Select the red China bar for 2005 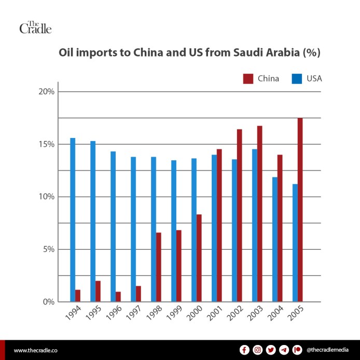coord(300,210)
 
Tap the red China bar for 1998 coord(159,267)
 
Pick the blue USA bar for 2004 coord(275,239)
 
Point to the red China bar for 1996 coord(118,296)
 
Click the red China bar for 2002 coord(239,215)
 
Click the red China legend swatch coord(248,79)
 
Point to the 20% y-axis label coord(47,92)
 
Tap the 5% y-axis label coord(49,249)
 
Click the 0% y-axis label coord(49,301)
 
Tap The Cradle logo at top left coord(35,27)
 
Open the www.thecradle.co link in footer coord(35,350)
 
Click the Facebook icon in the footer coord(244,350)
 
